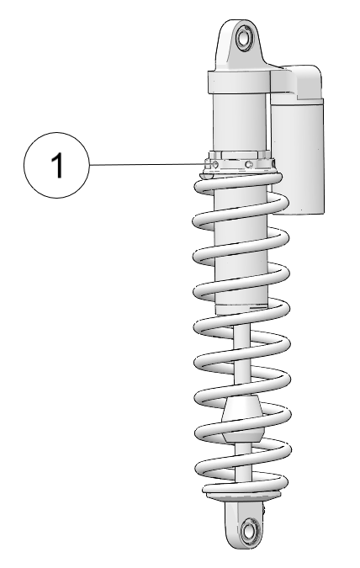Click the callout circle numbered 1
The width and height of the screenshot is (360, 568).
tap(56, 165)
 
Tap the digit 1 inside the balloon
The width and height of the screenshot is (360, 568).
tap(57, 165)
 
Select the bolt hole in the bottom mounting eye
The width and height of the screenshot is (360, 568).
tap(248, 531)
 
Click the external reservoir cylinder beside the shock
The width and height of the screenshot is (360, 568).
tap(298, 156)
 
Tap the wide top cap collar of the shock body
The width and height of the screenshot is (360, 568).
tap(239, 82)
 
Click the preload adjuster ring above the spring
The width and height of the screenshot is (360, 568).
tap(240, 162)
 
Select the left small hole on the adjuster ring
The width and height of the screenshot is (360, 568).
tap(215, 164)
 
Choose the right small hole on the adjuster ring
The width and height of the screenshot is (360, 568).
tap(248, 164)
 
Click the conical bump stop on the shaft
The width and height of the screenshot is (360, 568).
tap(242, 419)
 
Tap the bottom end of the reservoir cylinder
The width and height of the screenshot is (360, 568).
tap(298, 211)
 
